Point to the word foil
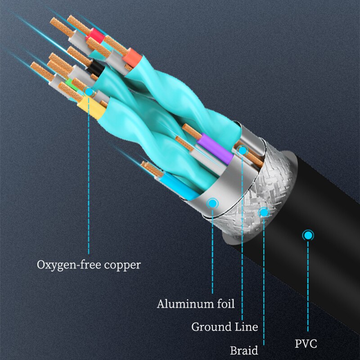(223, 304)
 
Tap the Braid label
(244, 351)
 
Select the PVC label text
(306, 344)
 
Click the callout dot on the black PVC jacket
(308, 235)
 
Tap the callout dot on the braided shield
(264, 211)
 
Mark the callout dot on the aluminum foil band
(212, 203)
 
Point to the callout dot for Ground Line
(243, 150)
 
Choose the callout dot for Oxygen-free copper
(89, 92)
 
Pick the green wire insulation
(69, 83)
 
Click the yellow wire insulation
(89, 105)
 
